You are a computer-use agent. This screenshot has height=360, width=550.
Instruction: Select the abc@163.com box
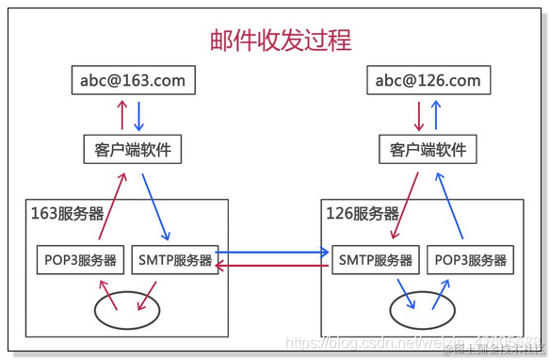(133, 80)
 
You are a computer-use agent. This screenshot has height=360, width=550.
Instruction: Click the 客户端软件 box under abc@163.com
(133, 149)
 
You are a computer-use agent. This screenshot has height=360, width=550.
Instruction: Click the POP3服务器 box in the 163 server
(80, 260)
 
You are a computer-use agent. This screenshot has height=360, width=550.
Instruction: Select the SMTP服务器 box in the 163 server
(174, 260)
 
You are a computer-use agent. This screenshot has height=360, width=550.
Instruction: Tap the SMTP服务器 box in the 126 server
(374, 260)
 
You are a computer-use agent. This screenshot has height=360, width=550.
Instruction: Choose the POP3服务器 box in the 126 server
(470, 260)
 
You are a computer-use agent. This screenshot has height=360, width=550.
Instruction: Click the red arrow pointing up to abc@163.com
(121, 115)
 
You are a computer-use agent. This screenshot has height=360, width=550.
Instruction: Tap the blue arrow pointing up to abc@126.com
(436, 115)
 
